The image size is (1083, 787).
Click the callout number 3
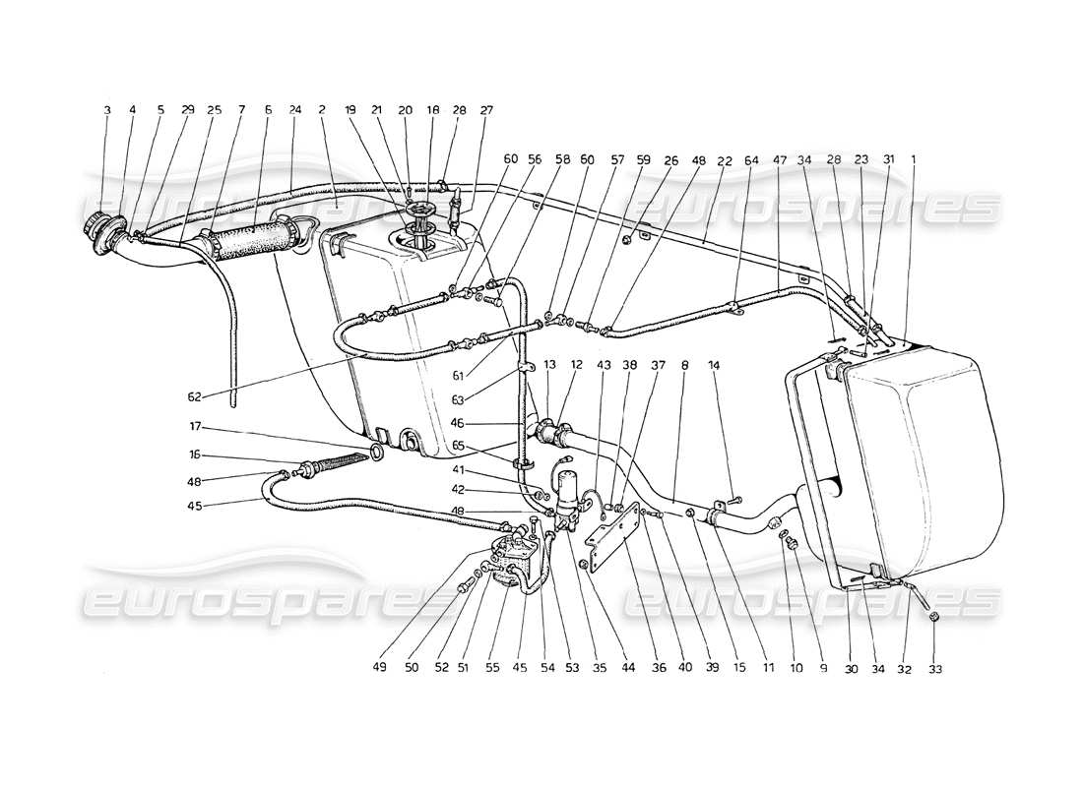(107, 111)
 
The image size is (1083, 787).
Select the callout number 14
(713, 365)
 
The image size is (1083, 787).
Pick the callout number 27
(486, 111)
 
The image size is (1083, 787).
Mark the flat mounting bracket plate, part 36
(607, 542)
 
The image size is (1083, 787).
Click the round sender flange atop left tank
(420, 212)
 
